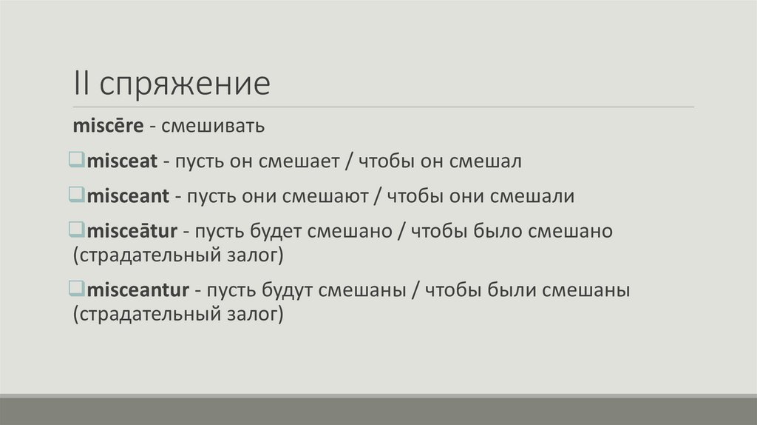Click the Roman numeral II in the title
pos(81,84)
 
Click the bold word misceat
pos(118,161)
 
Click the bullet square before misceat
pos(78,160)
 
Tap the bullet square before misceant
pos(78,195)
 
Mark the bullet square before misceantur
pos(78,289)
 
